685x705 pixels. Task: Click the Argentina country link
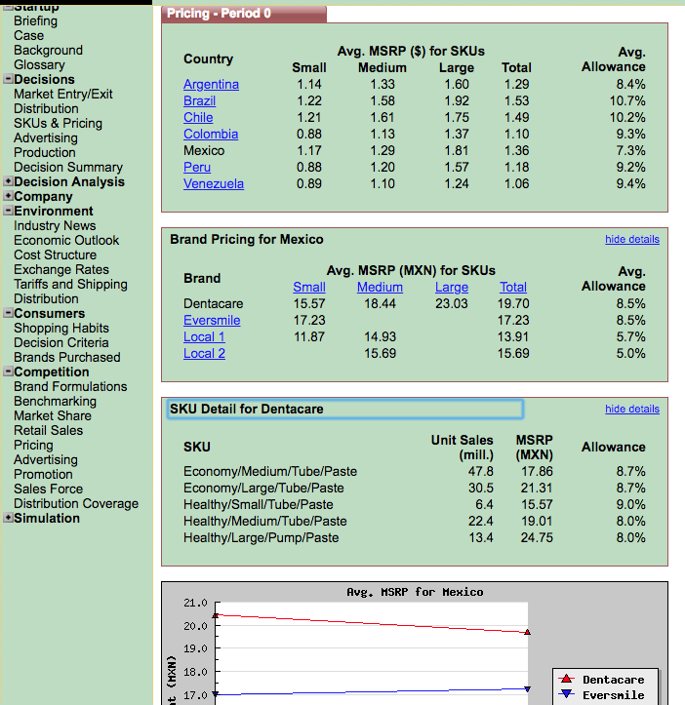pos(211,85)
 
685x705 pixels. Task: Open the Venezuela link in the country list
pos(214,184)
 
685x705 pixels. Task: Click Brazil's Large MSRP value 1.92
pos(457,100)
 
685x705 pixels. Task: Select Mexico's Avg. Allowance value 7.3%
pos(631,150)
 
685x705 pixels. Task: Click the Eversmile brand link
pos(212,321)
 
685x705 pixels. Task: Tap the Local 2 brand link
pos(204,354)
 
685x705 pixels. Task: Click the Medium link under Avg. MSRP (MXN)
pos(380,288)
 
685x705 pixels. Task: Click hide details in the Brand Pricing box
pos(632,239)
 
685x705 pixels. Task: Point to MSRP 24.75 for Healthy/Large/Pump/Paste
pos(537,537)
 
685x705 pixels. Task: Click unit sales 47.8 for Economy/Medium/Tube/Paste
pos(481,472)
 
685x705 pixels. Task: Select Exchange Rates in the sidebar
pos(61,270)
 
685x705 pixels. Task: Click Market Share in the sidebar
pos(53,416)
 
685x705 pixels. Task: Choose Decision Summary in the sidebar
pos(68,168)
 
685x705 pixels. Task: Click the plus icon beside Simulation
pos(8,518)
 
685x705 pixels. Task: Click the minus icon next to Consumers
pos(8,313)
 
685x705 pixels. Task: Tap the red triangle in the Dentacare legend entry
pos(567,679)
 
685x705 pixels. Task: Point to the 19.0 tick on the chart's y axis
pos(195,648)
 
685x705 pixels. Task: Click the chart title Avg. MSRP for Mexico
pos(415,592)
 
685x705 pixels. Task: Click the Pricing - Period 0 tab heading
pos(219,14)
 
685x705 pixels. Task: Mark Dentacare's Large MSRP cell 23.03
pos(452,304)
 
